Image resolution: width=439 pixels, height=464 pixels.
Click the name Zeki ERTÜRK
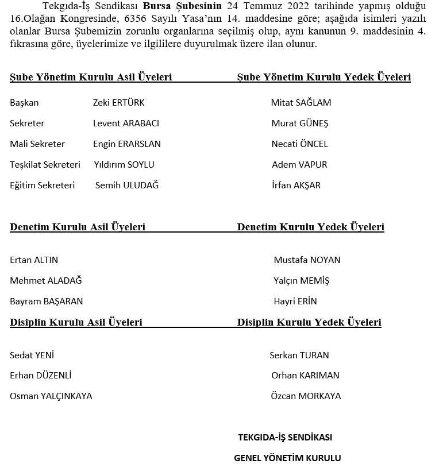pyautogui.click(x=118, y=103)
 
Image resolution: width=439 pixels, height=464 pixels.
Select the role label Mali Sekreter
pyautogui.click(x=37, y=144)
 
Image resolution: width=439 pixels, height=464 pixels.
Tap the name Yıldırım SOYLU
pyautogui.click(x=124, y=165)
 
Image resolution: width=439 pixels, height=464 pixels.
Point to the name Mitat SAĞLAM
pyautogui.click(x=301, y=103)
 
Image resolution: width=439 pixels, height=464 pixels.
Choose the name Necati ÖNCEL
pyautogui.click(x=299, y=144)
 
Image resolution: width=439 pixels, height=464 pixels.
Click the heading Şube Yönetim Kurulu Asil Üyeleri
pyautogui.click(x=91, y=78)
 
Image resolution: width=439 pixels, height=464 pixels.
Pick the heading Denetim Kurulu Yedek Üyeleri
pyautogui.click(x=310, y=227)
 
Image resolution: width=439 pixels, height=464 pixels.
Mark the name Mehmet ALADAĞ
pyautogui.click(x=46, y=281)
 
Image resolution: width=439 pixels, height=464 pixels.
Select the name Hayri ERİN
pyautogui.click(x=295, y=301)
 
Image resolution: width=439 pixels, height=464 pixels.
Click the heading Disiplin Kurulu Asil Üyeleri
pyautogui.click(x=76, y=323)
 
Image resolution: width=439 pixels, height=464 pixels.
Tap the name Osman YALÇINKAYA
pyautogui.click(x=51, y=396)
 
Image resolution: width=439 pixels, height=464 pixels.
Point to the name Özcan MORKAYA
pyautogui.click(x=306, y=396)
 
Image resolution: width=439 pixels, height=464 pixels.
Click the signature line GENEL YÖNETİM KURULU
pyautogui.click(x=287, y=458)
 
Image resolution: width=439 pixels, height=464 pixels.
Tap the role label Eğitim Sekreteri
pyautogui.click(x=42, y=185)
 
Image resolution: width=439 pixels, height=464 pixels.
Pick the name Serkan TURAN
pyautogui.click(x=299, y=355)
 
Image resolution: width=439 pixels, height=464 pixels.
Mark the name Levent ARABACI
pyautogui.click(x=126, y=123)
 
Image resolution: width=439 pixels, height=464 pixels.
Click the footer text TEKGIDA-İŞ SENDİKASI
pyautogui.click(x=285, y=438)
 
